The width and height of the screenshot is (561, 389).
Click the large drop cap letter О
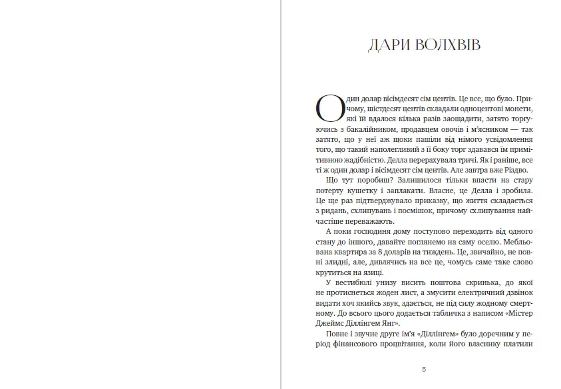(x=329, y=107)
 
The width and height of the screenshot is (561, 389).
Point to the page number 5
(x=425, y=369)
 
